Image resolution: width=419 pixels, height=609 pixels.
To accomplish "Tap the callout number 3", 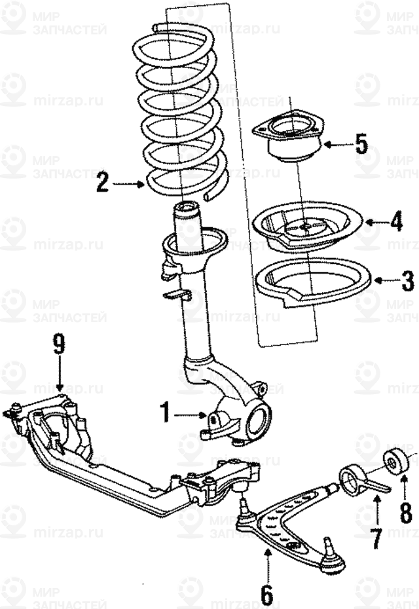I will click(x=407, y=281).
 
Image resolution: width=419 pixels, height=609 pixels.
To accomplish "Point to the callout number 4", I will click(x=396, y=222).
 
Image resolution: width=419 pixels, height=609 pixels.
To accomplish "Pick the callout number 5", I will click(x=361, y=143).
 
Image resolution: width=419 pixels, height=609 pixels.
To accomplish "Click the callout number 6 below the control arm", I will click(x=266, y=595).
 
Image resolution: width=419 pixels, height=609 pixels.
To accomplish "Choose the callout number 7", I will click(x=376, y=538).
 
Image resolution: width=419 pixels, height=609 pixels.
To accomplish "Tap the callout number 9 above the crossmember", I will click(x=60, y=345).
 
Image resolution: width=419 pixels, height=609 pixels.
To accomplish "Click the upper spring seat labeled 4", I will click(x=307, y=229).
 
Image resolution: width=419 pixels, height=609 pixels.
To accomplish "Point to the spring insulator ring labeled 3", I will click(x=312, y=282).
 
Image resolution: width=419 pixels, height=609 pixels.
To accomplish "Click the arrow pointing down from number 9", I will click(x=60, y=377).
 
